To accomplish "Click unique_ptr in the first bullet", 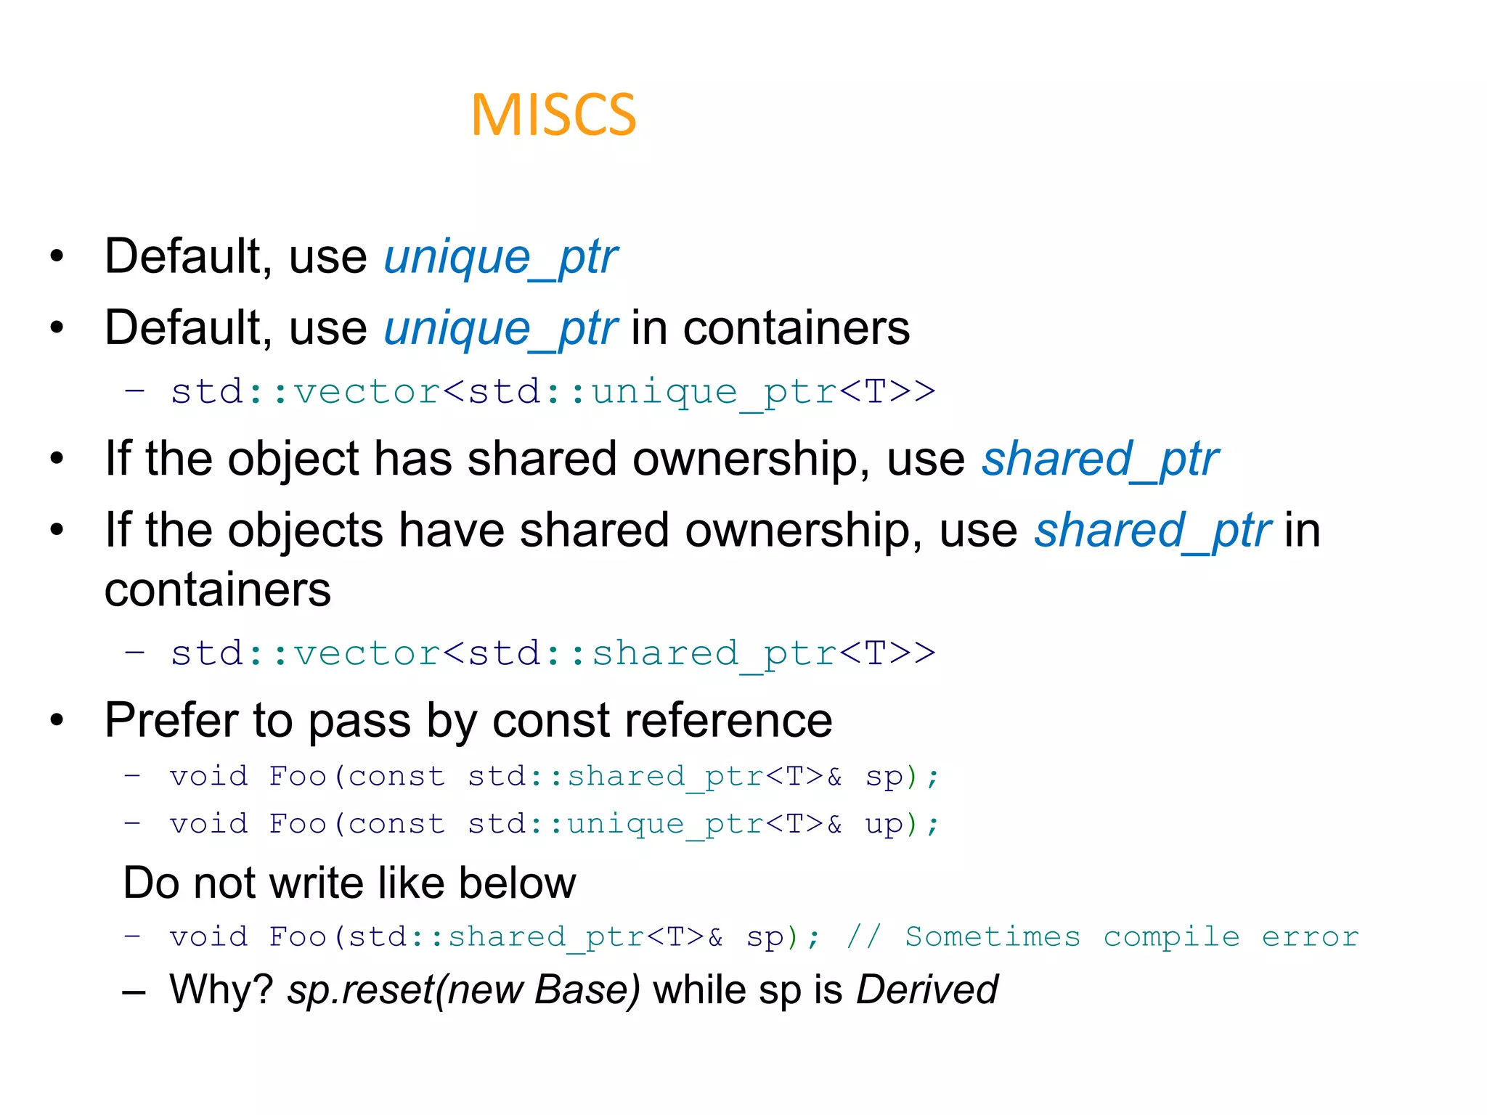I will (x=500, y=258).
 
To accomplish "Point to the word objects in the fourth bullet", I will (x=305, y=531).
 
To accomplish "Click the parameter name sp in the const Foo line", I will (x=884, y=777).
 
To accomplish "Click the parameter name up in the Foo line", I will (x=884, y=825).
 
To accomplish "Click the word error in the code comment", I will (x=1310, y=937).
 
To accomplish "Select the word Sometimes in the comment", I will (x=993, y=937).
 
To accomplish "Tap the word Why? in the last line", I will (x=221, y=990).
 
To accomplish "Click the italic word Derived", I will (x=927, y=990).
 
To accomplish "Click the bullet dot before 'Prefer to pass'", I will (x=57, y=721).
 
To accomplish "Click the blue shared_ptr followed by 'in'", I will (x=1152, y=531).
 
